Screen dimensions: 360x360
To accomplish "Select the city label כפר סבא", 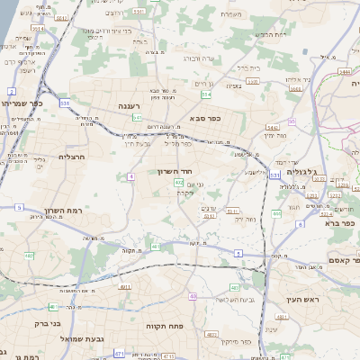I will pyautogui.click(x=206, y=117).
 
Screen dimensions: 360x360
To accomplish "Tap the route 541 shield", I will pyautogui.click(x=137, y=117).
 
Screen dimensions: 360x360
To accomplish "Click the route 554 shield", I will pyautogui.click(x=206, y=93).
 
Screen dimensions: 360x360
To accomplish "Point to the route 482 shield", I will pyautogui.click(x=29, y=256).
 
